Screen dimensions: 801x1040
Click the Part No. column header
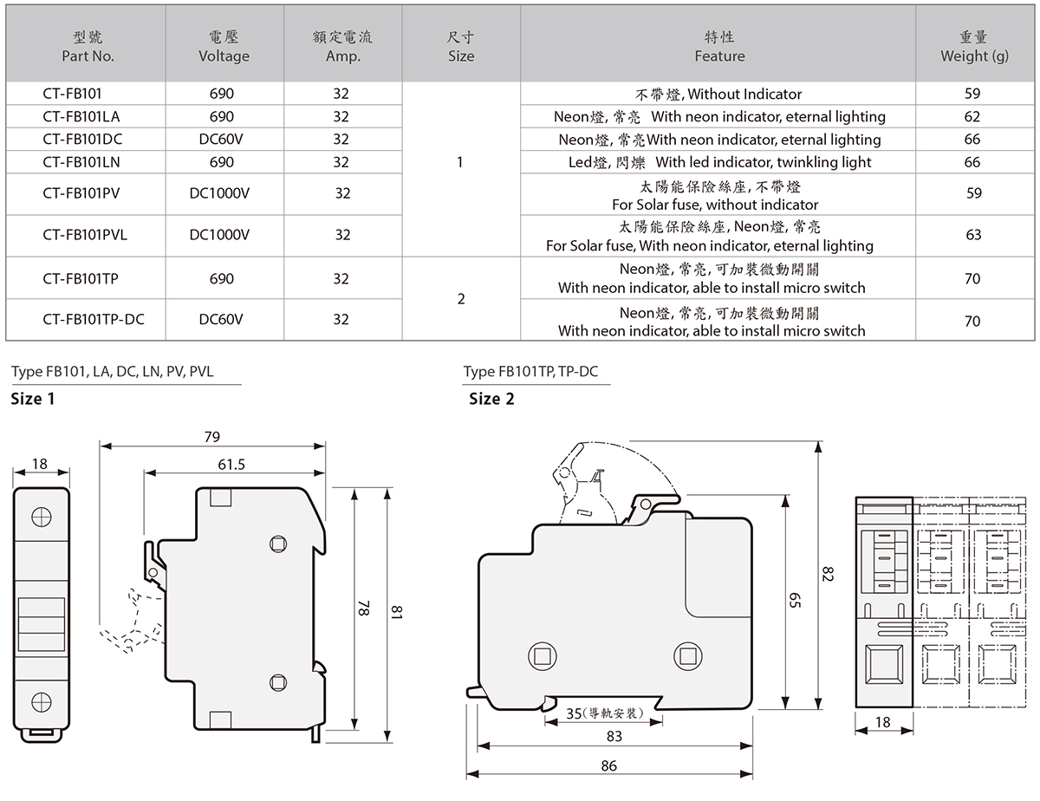pos(88,47)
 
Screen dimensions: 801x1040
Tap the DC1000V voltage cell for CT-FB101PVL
pos(219,235)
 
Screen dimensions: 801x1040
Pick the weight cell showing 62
pos(972,116)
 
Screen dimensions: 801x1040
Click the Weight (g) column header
pos(974,47)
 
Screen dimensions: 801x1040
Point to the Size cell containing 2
pos(461,299)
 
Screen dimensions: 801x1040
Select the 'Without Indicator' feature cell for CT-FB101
pos(718,94)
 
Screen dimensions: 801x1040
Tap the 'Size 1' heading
pos(32,400)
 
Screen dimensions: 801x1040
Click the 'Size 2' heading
pos(491,400)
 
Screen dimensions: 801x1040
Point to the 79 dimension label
pos(212,437)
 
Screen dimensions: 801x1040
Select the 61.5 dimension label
pos(231,465)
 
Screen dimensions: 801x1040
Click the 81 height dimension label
pos(397,613)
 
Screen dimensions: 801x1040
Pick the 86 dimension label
pos(608,765)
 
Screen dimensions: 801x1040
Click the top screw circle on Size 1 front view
pos(40,517)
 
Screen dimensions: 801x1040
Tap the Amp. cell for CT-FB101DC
pos(341,139)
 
